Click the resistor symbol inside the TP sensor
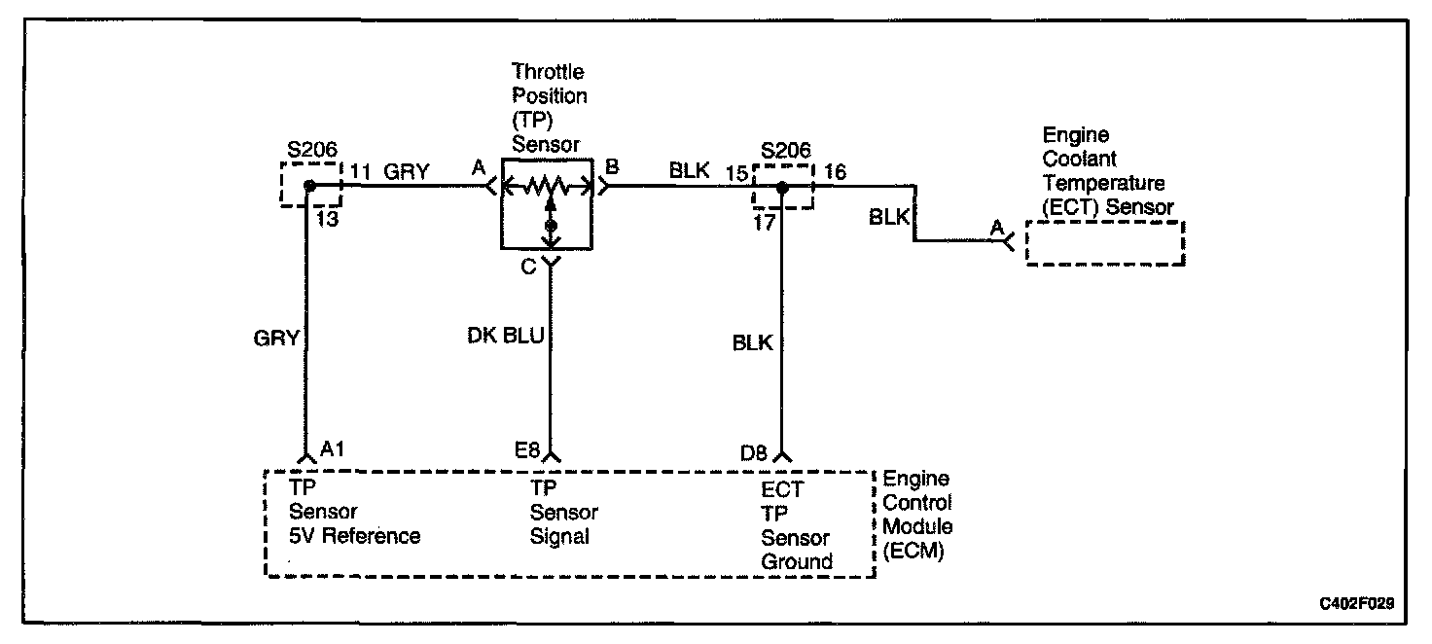550,186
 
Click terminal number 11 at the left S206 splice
360,172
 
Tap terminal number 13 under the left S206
328,219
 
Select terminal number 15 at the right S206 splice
737,172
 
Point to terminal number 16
835,172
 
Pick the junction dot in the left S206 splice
309,186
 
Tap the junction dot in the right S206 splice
782,186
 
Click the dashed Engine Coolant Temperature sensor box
1106,242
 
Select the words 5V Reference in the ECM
355,536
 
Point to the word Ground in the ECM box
797,561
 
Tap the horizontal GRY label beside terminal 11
407,172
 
